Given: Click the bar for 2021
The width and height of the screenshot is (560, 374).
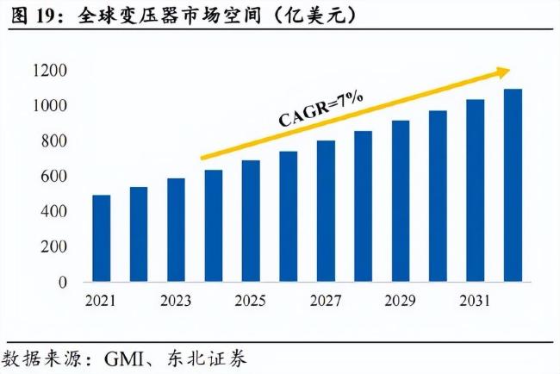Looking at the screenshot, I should coord(102,239).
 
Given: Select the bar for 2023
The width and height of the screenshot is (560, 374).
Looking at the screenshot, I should coord(177,230).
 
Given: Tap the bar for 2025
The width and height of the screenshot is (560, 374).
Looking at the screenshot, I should coord(251,221).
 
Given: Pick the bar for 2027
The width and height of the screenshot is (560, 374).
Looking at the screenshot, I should coord(326,211).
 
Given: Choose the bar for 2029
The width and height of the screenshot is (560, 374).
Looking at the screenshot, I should coord(401,201).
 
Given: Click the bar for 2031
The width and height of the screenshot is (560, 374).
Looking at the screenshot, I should coord(476,190).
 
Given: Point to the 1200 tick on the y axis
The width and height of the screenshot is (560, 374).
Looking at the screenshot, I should coord(53,71).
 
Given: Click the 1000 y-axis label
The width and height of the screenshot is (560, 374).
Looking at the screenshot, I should coord(53,106).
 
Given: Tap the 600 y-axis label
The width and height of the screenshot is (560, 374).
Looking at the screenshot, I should coord(57,177).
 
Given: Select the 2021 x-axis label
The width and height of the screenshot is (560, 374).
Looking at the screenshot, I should coord(102,301).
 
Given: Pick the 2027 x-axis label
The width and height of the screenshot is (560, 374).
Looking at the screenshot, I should coord(326,301).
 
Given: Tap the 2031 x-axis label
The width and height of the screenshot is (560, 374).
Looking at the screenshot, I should coord(476,301).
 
